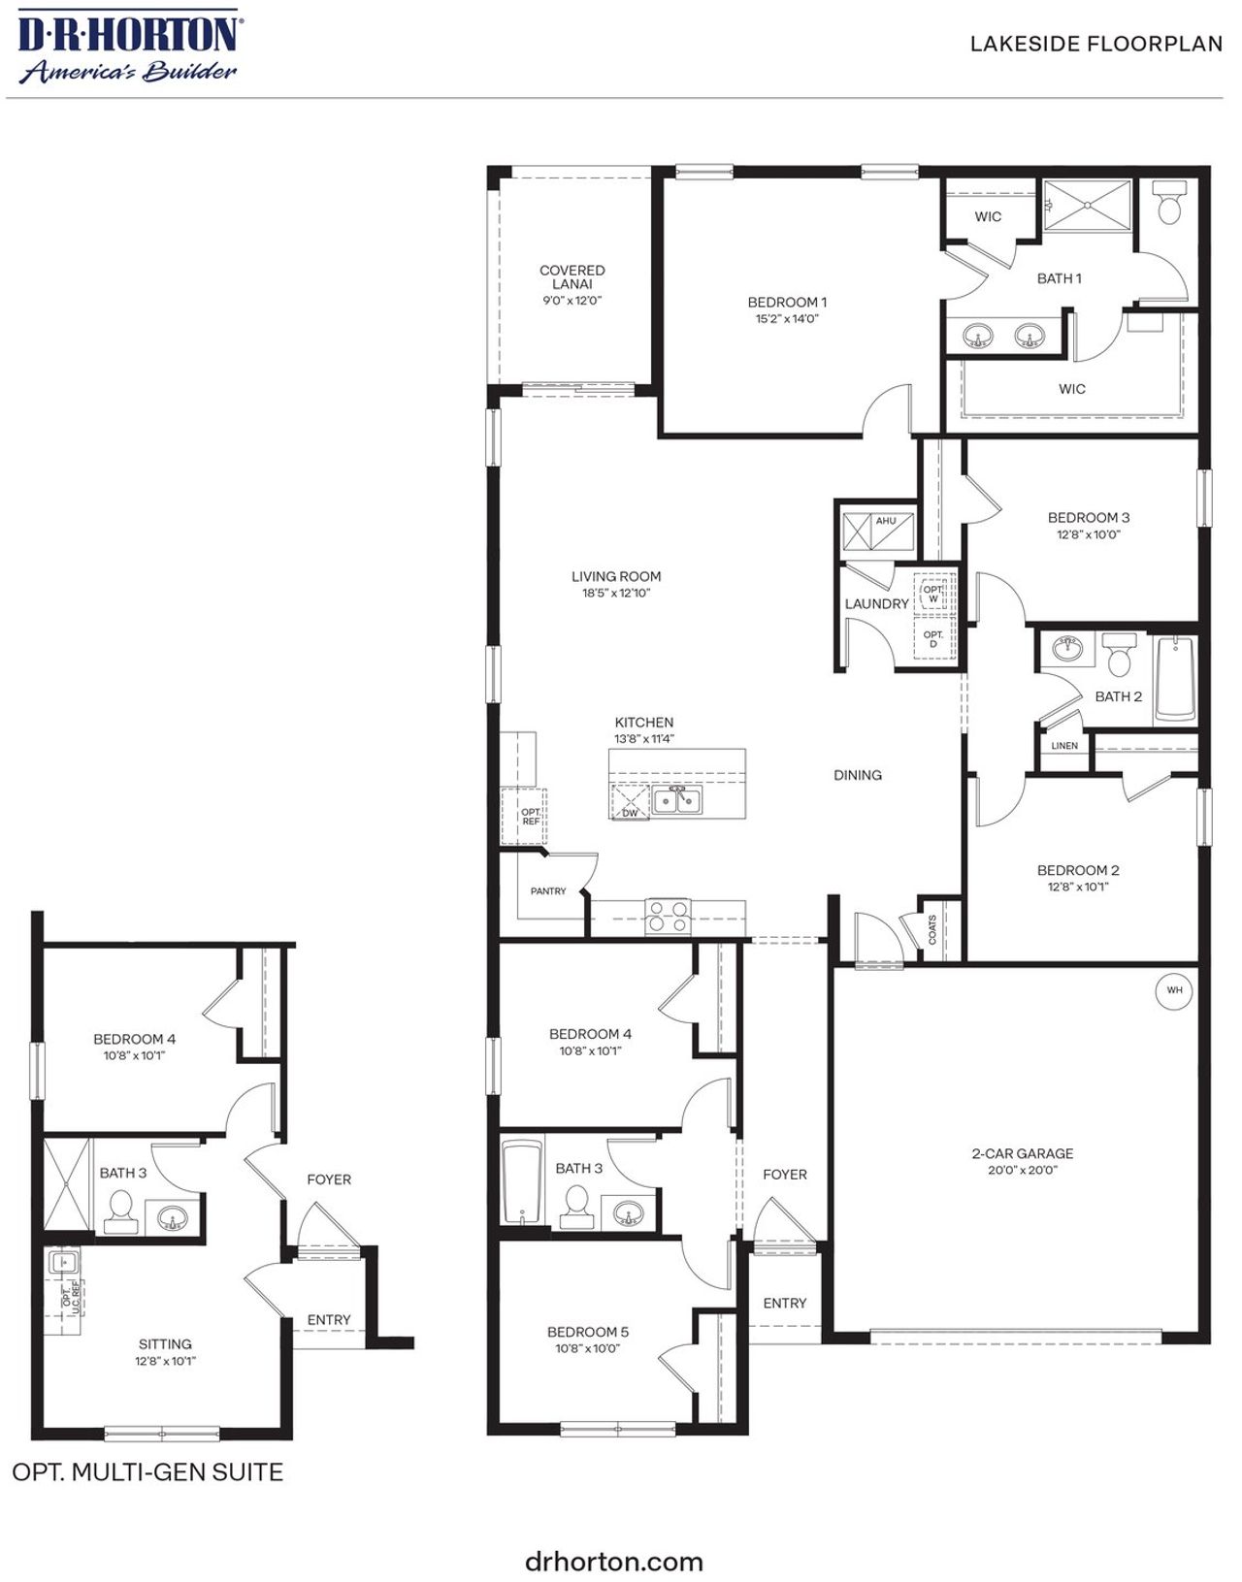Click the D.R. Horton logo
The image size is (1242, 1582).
click(127, 46)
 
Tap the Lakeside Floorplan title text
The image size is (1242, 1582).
click(1095, 44)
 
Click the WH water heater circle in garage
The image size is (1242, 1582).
click(1174, 990)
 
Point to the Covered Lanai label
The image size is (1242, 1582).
click(572, 276)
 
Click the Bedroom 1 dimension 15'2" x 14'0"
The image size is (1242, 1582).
click(787, 318)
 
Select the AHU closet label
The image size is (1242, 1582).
click(885, 521)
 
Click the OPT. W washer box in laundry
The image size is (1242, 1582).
click(933, 594)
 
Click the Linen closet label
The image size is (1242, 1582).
click(1063, 746)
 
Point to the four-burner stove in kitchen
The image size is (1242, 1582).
click(669, 917)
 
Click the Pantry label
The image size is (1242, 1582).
click(548, 890)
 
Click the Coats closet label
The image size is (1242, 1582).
click(932, 929)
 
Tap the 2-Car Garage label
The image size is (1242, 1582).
click(1022, 1153)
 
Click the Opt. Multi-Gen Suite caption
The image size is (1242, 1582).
click(147, 1472)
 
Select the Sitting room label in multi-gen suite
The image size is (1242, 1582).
click(165, 1343)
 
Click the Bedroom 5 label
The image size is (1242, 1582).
click(587, 1332)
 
